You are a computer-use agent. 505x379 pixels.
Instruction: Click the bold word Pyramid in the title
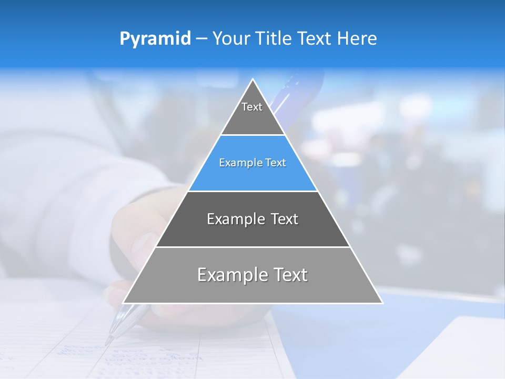pos(155,39)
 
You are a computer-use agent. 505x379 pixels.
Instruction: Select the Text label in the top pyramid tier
pos(252,107)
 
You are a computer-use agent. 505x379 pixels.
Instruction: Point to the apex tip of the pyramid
pos(253,79)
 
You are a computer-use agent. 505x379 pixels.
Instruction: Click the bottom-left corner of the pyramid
pos(123,303)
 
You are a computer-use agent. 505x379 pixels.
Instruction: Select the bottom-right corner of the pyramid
pos(382,303)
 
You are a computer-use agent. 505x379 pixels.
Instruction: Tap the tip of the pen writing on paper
pos(108,343)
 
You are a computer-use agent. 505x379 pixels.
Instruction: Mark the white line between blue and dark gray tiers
pos(253,191)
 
